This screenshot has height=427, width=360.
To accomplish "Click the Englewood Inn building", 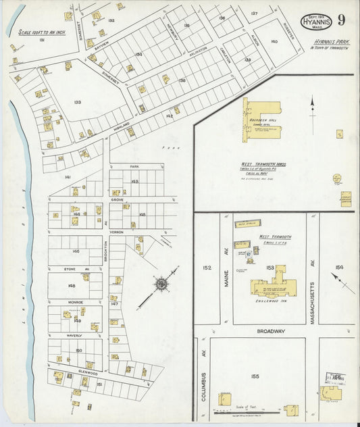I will pos(273,286).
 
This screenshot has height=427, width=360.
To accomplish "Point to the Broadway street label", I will pos(270,332).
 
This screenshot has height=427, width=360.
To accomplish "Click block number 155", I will pos(255,376).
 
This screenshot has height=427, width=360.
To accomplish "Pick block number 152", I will pos(206,268).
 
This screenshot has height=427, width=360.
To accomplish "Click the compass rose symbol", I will pos(161,284).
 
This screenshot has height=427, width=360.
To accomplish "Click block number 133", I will pos(78,103).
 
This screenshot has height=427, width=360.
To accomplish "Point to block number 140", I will pos(274,42).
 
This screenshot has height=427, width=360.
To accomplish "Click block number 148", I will pos(72,285).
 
